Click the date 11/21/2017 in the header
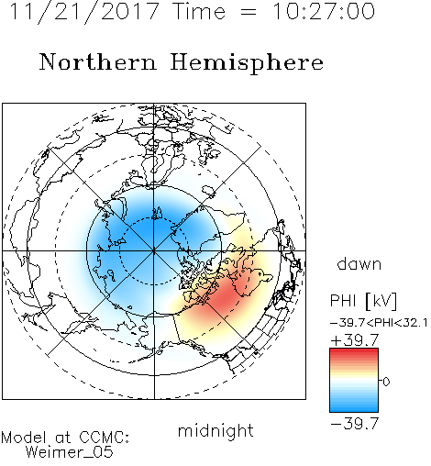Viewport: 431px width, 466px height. (84, 12)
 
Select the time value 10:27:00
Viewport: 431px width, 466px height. (324, 12)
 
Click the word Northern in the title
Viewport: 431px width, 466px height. (98, 62)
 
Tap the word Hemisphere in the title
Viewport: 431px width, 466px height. (247, 63)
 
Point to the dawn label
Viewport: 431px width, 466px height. (359, 263)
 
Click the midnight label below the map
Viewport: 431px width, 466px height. (215, 431)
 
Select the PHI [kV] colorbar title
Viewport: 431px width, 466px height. (363, 301)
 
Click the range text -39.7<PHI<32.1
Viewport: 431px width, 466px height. (379, 323)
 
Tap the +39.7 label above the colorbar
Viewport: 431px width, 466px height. (355, 340)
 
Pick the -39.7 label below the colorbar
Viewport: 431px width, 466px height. (355, 424)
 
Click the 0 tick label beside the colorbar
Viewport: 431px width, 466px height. (386, 382)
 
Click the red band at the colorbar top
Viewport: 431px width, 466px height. (354, 351)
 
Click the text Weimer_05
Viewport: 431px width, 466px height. (70, 451)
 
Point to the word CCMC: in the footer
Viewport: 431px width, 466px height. (105, 438)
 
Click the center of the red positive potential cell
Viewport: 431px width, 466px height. (227, 295)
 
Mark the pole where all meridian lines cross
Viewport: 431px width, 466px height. (154, 250)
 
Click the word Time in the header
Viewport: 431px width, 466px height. (199, 12)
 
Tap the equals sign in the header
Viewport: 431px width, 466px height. (249, 12)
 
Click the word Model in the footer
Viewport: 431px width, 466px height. (24, 438)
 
